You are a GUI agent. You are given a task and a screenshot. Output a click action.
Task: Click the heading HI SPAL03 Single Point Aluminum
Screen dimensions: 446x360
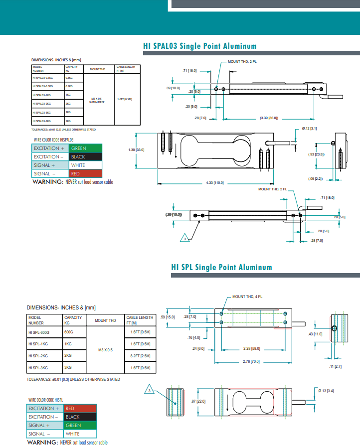pyautogui.click(x=199, y=46)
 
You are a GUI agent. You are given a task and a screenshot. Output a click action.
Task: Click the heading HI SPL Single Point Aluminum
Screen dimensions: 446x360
pyautogui.click(x=221, y=267)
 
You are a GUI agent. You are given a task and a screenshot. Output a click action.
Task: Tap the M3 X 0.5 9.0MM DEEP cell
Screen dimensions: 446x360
pyautogui.click(x=97, y=100)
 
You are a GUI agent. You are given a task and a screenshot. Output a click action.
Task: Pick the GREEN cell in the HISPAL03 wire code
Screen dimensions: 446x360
pyautogui.click(x=85, y=148)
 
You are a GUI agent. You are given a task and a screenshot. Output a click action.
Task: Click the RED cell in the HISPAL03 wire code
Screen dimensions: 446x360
pyautogui.click(x=85, y=173)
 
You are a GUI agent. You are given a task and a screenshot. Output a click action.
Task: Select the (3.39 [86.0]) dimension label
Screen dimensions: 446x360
pyautogui.click(x=269, y=118)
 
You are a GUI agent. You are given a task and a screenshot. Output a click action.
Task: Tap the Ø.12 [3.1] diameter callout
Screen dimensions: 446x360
pyautogui.click(x=310, y=129)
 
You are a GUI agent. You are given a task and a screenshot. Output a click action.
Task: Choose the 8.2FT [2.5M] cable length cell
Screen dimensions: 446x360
pyautogui.click(x=140, y=356)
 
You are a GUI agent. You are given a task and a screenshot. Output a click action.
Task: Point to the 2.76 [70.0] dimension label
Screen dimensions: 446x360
pyautogui.click(x=251, y=361)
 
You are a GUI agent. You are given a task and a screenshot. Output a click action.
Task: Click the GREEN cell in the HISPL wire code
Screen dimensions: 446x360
pyautogui.click(x=79, y=425)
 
